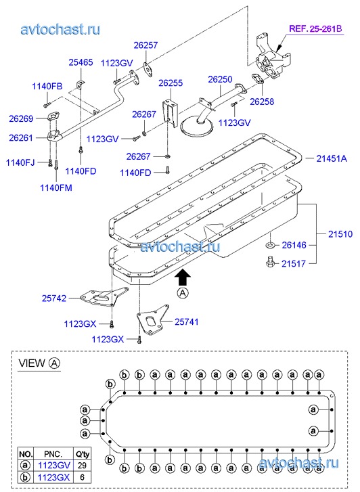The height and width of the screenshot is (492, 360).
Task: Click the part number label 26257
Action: click(145, 45)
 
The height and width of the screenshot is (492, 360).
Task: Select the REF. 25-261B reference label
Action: click(315, 29)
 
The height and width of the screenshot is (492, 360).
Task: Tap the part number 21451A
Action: click(332, 158)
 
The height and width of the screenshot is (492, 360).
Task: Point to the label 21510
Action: click(340, 233)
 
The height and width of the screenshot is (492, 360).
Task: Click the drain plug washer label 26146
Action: click(294, 245)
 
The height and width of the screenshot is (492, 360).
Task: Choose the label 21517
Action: click(294, 263)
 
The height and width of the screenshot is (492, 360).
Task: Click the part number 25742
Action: click(54, 298)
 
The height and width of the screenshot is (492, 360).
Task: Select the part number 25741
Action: click(187, 321)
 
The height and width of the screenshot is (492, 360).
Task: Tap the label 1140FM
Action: click(56, 187)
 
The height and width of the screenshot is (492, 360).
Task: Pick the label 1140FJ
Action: click(20, 162)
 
